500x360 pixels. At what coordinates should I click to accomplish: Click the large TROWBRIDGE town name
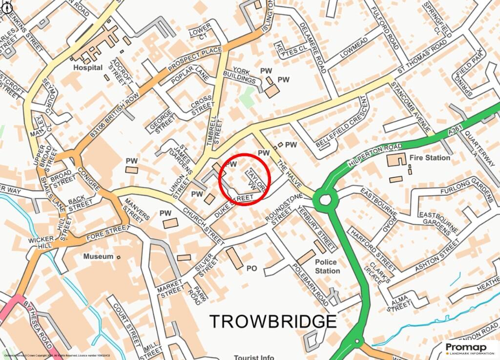click(x=273, y=321)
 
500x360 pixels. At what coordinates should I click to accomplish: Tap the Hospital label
click(x=88, y=67)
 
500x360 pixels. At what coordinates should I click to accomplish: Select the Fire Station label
click(x=430, y=158)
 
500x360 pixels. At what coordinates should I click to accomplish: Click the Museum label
click(x=98, y=256)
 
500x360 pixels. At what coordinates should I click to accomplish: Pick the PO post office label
click(x=251, y=268)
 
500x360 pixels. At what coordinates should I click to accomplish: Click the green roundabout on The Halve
click(x=325, y=199)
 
